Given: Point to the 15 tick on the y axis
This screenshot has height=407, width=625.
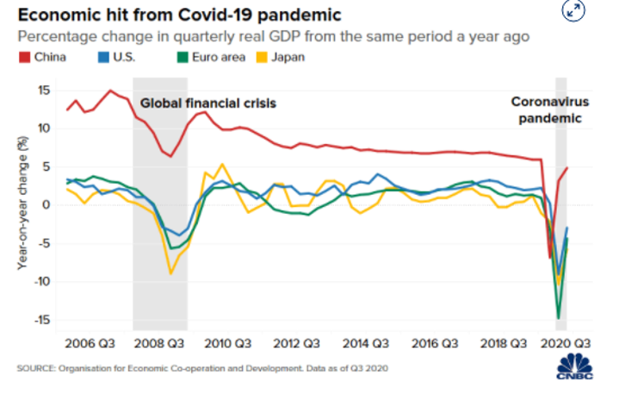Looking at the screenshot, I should (x=43, y=91).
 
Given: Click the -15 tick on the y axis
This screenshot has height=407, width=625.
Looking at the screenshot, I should (x=40, y=320).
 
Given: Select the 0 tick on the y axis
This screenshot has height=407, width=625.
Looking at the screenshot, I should (x=46, y=205).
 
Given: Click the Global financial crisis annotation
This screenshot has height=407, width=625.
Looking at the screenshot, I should (x=209, y=103).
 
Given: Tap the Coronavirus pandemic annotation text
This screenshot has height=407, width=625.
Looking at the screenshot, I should (x=548, y=109).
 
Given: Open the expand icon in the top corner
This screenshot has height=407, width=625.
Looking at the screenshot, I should (x=572, y=10).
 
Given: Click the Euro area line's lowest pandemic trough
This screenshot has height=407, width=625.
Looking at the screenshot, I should (x=559, y=317).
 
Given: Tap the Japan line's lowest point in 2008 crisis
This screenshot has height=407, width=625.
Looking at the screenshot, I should (x=170, y=273).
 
